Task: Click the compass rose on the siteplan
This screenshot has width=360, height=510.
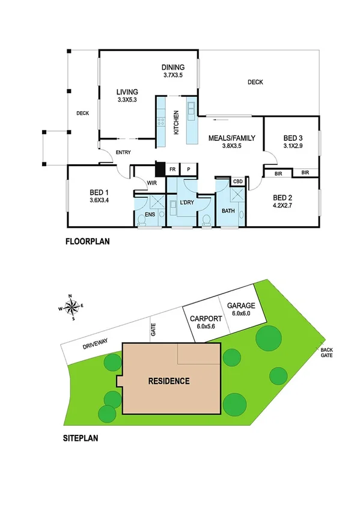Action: (x=72, y=307)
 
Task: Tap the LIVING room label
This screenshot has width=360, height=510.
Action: (x=127, y=92)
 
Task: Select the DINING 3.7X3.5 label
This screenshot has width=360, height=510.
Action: (x=172, y=71)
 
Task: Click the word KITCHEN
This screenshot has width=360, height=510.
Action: (x=176, y=123)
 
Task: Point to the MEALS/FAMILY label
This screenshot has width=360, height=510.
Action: (x=231, y=138)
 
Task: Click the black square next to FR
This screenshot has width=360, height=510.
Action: (x=160, y=169)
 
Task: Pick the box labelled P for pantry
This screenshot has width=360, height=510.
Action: (x=188, y=170)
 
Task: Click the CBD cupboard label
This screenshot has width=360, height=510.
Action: (x=237, y=181)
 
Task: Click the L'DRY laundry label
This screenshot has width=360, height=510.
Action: (x=186, y=203)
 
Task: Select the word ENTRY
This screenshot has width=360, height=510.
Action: (x=123, y=153)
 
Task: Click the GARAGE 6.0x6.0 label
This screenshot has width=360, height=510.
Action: (x=241, y=309)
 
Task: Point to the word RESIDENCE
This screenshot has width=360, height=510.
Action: (x=169, y=381)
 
